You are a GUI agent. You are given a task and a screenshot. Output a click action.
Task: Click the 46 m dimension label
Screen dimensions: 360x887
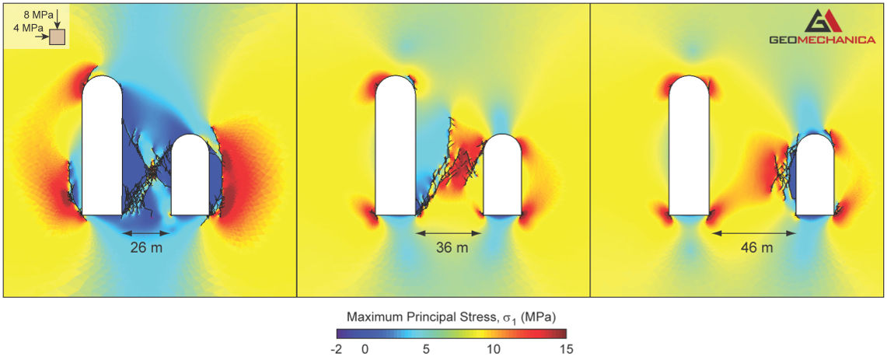[756, 248]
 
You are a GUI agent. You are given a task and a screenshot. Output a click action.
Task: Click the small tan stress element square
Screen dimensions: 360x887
[58, 37]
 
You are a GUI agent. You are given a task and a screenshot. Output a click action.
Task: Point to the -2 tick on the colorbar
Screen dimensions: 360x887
[336, 349]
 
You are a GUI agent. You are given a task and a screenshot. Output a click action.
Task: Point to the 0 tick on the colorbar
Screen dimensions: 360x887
[365, 349]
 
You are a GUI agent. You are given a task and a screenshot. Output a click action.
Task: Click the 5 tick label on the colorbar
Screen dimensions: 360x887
[426, 349]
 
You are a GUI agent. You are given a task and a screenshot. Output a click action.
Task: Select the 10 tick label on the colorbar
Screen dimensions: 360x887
[494, 349]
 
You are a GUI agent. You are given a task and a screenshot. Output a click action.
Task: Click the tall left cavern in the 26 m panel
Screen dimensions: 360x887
[103, 148]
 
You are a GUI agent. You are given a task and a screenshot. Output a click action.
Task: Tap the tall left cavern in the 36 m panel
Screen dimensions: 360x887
[396, 148]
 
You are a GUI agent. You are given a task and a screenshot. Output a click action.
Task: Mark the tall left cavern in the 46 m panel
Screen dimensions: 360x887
[689, 148]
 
